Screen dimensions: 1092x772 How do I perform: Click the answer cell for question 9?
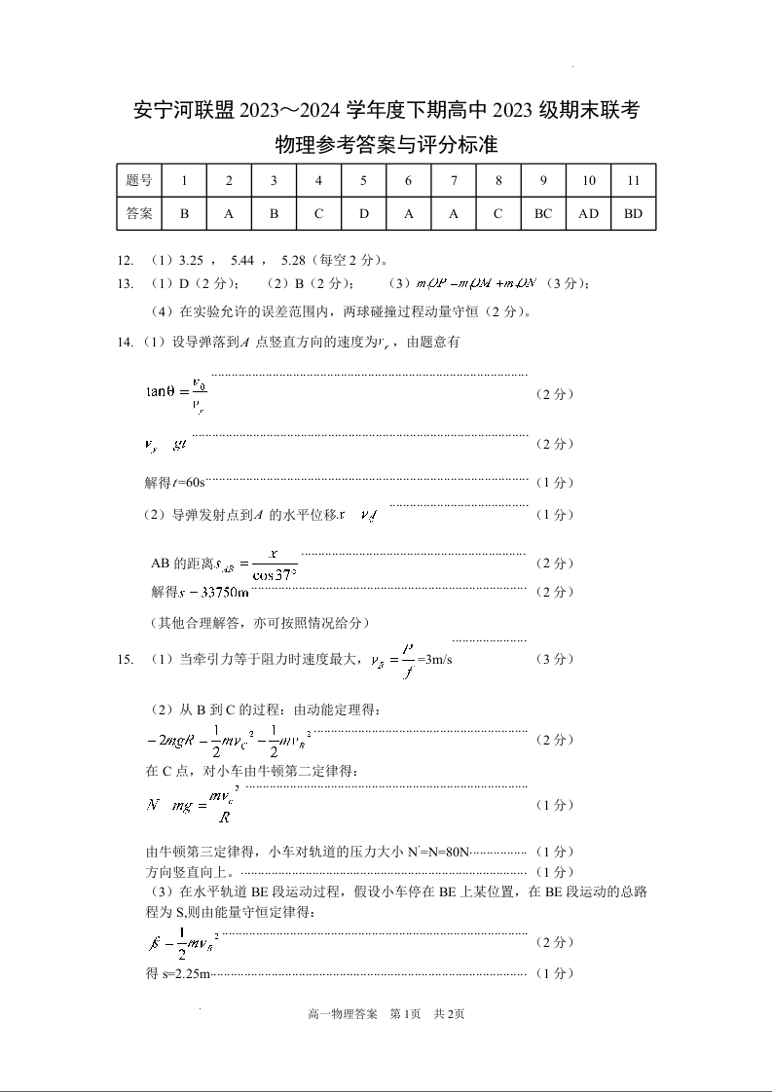click(543, 214)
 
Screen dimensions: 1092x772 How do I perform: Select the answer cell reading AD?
click(588, 214)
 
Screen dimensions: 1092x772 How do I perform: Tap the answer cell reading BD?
click(633, 214)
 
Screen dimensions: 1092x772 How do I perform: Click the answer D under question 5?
click(363, 214)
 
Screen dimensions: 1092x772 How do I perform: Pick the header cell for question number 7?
click(454, 181)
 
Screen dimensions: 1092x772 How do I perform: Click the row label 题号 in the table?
click(139, 181)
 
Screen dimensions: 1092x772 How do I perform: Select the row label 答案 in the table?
click(139, 214)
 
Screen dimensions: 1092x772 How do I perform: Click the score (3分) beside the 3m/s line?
click(555, 660)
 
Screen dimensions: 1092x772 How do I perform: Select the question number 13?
click(124, 283)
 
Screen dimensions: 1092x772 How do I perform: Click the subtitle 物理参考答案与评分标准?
click(386, 146)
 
